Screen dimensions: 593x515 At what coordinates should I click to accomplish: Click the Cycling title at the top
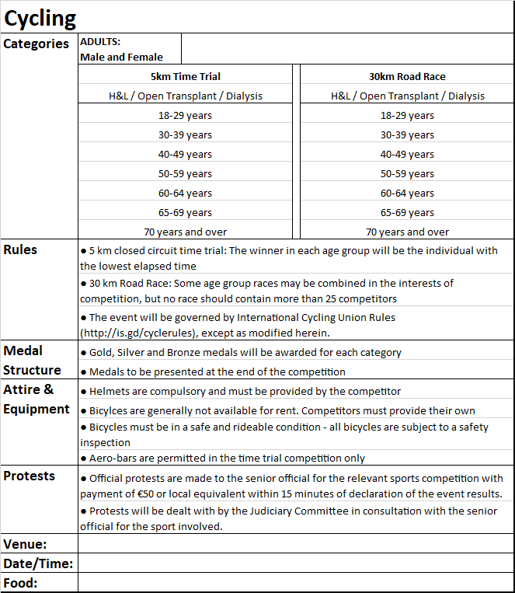(40, 17)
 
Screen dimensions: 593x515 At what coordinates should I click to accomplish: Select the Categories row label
(37, 44)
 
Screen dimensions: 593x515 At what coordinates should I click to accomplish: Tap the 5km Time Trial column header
(185, 76)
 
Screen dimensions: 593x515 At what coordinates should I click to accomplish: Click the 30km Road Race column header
(407, 76)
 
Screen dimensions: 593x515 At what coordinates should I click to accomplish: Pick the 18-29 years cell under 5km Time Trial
(185, 115)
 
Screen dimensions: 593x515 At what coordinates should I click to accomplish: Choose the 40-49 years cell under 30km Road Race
(407, 154)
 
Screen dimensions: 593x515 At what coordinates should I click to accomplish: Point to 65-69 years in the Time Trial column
(185, 212)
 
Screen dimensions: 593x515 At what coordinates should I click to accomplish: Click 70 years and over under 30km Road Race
(407, 232)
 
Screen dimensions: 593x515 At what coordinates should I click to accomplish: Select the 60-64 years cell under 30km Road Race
(407, 193)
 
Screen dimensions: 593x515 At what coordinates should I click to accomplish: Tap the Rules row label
(20, 249)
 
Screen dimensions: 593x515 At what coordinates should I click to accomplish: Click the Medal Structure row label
(32, 360)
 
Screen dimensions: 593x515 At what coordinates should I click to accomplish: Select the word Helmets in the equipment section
(110, 391)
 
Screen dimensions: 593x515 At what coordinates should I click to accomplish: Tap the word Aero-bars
(113, 459)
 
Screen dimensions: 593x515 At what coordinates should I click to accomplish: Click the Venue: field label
(26, 544)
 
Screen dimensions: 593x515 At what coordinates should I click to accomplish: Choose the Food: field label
(21, 583)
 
